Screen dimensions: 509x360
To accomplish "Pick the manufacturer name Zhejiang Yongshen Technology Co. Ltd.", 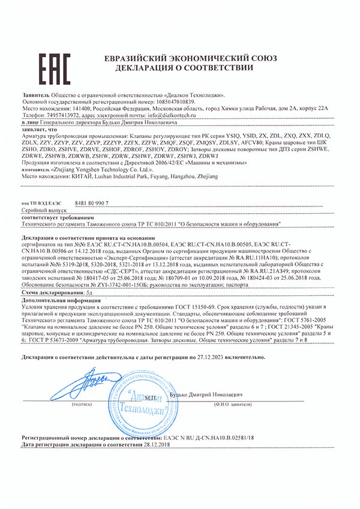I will (x=90, y=170).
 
